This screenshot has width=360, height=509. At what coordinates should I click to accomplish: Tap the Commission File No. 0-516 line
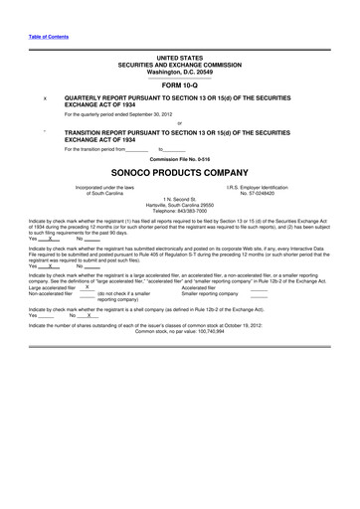(x=179, y=158)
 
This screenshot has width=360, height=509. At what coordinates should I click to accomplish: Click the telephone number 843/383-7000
(x=180, y=211)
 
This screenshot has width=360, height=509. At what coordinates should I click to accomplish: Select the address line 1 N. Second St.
(x=179, y=199)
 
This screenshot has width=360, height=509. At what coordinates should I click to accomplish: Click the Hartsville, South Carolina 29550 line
(x=179, y=205)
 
